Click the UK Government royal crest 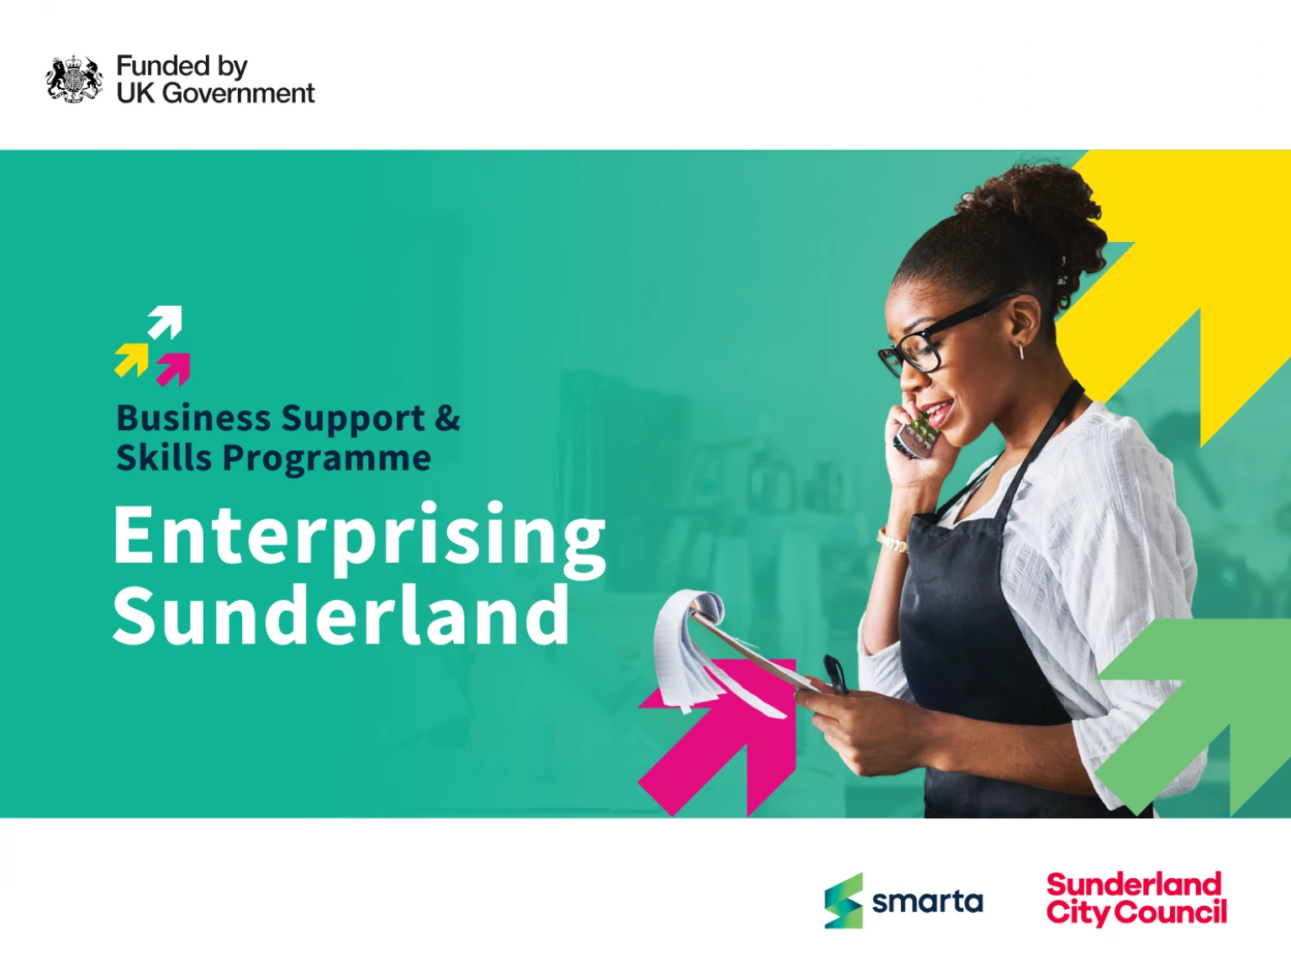[x=74, y=79]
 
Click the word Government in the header [x=238, y=93]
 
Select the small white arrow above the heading [x=165, y=322]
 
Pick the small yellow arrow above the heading [x=132, y=360]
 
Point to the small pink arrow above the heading [x=173, y=370]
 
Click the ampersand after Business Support [x=448, y=418]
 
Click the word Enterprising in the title [x=359, y=539]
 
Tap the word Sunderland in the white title [x=341, y=615]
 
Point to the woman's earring [x=1021, y=351]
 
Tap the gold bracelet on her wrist [x=892, y=541]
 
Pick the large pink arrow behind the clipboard [x=718, y=739]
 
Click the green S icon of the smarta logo [x=844, y=901]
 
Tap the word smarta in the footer [x=928, y=902]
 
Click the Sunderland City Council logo [x=1137, y=899]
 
